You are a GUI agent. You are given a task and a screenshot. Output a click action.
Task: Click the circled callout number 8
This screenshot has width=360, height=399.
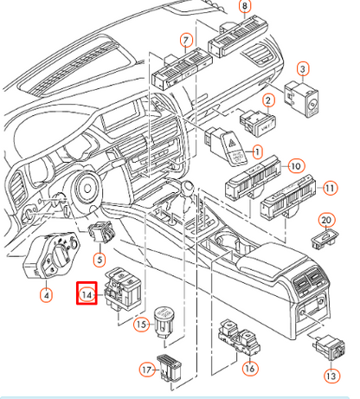(244, 7)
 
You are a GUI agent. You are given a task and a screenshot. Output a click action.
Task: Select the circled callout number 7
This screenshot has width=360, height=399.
(185, 41)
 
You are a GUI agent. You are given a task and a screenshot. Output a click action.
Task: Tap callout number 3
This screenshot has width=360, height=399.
(303, 68)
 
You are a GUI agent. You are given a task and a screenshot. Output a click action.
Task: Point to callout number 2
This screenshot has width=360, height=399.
(269, 102)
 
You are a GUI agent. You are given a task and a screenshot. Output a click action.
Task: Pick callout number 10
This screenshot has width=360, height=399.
(295, 164)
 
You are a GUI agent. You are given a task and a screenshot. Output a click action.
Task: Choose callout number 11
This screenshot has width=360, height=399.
(330, 187)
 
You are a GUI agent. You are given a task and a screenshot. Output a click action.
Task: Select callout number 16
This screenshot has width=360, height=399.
(250, 369)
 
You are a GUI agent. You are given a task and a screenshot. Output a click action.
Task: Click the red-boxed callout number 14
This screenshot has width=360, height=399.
(87, 295)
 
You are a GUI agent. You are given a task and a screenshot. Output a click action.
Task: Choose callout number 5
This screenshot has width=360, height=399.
(99, 259)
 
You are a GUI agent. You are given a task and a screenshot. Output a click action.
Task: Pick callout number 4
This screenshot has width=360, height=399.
(46, 295)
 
